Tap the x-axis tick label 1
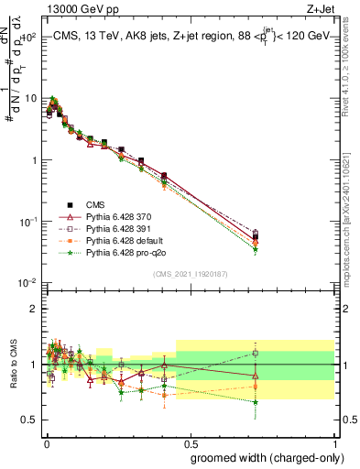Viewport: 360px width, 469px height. [x=333, y=442]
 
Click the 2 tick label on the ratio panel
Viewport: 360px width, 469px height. [x=32, y=309]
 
